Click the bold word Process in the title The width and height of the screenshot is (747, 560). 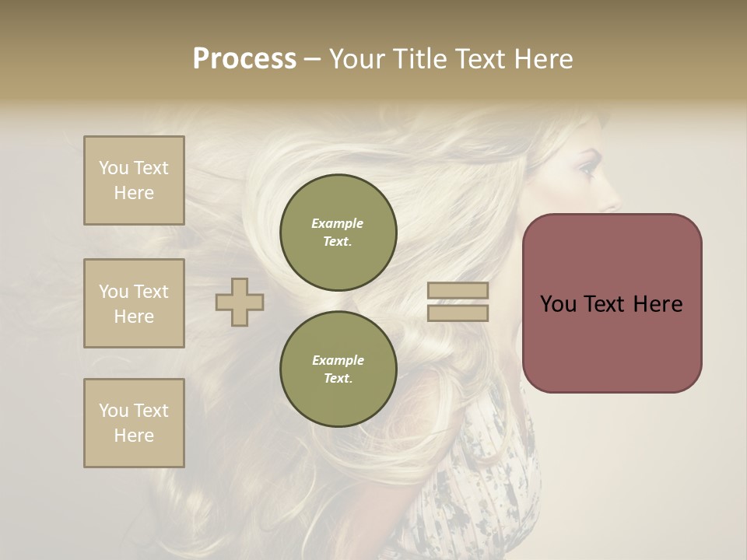244,59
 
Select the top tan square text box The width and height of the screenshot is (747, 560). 134,180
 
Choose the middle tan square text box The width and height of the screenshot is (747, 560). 134,303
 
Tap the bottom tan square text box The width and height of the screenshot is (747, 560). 134,423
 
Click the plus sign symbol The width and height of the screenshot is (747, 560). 240,302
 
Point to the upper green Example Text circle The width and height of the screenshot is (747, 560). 338,233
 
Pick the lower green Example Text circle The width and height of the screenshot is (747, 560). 338,369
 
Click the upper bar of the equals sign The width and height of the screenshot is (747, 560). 458,290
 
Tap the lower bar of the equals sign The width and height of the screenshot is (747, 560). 458,313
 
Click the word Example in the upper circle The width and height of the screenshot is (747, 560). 338,223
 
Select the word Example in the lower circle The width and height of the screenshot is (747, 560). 338,360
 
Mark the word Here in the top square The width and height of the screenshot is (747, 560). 134,193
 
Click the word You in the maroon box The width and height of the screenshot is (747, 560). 557,304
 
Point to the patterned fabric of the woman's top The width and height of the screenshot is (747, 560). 490,482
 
